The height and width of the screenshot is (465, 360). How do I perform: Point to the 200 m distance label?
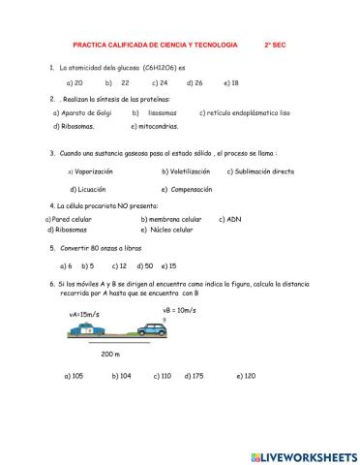[110, 355]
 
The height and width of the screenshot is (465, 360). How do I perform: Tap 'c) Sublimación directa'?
[260, 171]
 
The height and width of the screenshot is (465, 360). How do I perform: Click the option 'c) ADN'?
[229, 219]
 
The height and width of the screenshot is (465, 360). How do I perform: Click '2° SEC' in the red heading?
[279, 45]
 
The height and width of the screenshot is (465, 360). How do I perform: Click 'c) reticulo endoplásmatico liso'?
[244, 112]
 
